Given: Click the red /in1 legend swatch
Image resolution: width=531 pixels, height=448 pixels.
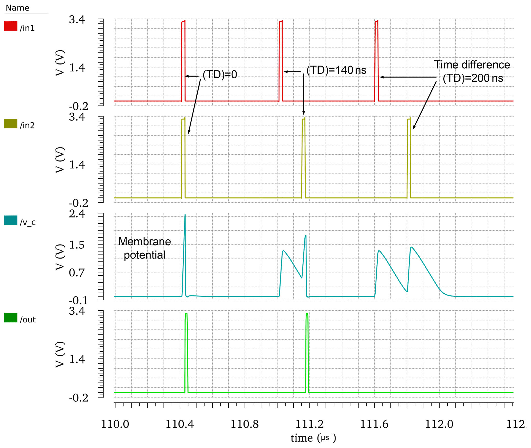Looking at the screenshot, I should (11, 26).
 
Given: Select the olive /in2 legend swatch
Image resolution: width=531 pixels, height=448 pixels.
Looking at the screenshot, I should (11, 124).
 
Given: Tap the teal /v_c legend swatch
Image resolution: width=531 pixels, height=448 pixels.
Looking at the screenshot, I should (11, 220).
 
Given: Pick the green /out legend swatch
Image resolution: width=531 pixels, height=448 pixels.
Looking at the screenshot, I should (11, 318).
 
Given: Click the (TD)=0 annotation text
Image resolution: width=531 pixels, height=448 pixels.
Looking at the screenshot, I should (220, 74).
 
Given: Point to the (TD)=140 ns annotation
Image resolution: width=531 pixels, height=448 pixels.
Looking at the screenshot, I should (336, 70).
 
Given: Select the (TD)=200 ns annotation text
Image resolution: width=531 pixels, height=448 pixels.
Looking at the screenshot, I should (473, 78).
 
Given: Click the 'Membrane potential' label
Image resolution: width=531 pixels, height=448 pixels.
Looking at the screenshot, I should (145, 248).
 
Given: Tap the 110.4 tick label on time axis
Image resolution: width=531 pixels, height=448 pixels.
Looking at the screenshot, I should (180, 424).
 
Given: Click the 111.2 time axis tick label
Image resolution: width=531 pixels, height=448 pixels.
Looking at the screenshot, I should (310, 424).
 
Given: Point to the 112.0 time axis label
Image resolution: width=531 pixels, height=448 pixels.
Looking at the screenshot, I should (439, 424).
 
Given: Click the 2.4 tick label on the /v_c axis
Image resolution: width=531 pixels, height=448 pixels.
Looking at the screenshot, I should (77, 214).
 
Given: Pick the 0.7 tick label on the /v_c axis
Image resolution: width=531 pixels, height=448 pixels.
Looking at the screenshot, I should (77, 273).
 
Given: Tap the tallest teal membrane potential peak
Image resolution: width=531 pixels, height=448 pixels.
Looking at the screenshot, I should (185, 215).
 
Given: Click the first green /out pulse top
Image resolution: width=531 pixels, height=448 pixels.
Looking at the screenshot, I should (186, 314).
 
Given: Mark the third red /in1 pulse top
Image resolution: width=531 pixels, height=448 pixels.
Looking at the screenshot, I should (376, 22).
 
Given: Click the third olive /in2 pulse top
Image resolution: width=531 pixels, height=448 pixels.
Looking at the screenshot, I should (409, 119).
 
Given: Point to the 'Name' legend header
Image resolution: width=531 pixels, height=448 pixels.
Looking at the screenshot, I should (17, 8).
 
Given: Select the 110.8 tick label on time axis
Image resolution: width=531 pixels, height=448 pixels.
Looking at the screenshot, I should (245, 424).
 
